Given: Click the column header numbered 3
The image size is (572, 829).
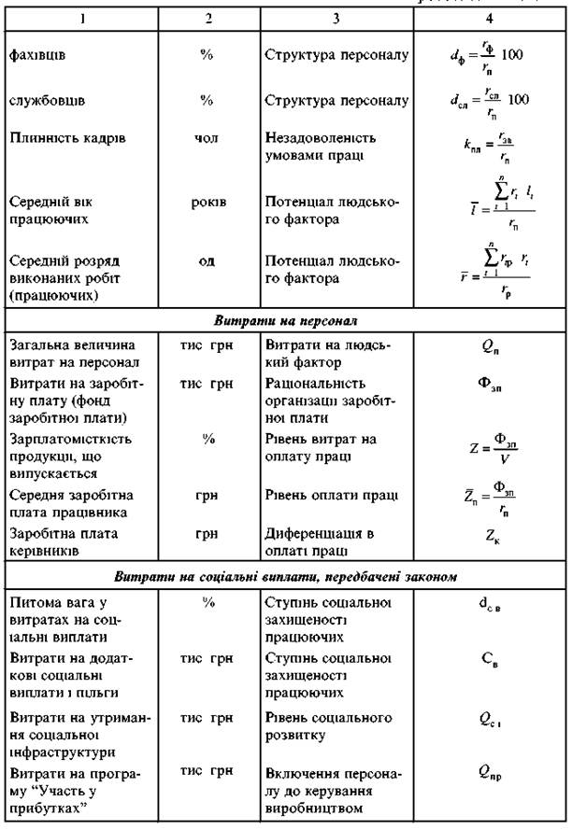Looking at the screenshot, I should click(x=336, y=18).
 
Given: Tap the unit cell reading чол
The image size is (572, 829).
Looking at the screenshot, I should click(x=207, y=138).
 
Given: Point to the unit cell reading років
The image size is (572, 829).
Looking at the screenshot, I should click(x=207, y=201).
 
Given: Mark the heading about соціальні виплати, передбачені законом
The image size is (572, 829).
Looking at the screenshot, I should click(x=286, y=576).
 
